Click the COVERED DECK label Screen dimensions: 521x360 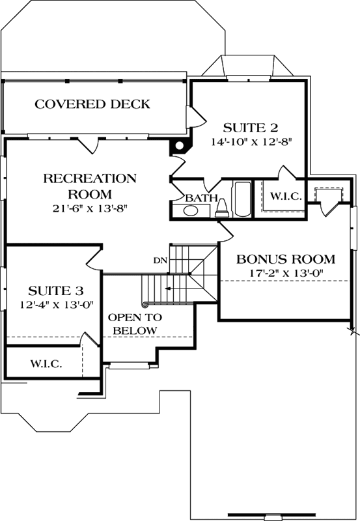pos(92,104)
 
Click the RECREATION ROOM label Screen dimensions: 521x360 pos(90,186)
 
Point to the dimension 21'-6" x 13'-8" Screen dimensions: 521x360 pos(90,208)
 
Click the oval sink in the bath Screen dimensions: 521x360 pos(191,210)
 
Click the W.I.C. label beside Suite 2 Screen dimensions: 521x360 pos(285,197)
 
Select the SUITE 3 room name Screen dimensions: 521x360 pos(55,290)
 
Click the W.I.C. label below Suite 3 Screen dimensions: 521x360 pos(46,363)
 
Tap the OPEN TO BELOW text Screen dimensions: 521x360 pos(135,324)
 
